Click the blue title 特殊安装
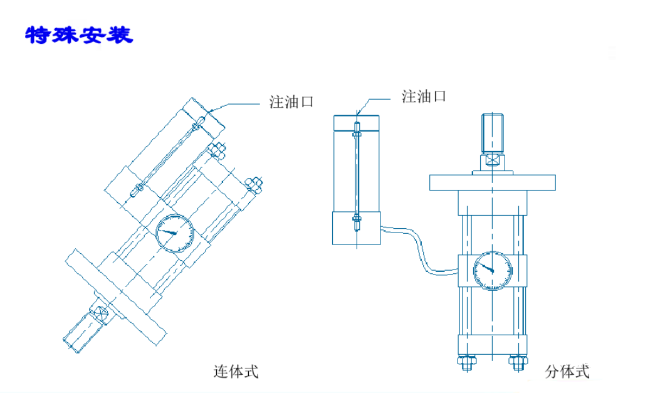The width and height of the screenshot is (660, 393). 79,35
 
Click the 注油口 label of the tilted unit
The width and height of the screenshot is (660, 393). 291,102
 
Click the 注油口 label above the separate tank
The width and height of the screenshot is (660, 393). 424,97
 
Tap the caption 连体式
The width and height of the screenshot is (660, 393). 236,372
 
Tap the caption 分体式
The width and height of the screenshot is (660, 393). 567,372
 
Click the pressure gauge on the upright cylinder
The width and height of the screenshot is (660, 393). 492,271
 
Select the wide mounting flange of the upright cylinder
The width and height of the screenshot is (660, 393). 492,182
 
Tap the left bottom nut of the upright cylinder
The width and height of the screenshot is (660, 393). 466,363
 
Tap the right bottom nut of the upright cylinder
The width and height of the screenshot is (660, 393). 517,363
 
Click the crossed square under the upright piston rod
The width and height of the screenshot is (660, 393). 493,161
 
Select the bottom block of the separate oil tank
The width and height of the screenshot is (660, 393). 356,228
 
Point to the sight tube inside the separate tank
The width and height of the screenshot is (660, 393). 356,176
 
